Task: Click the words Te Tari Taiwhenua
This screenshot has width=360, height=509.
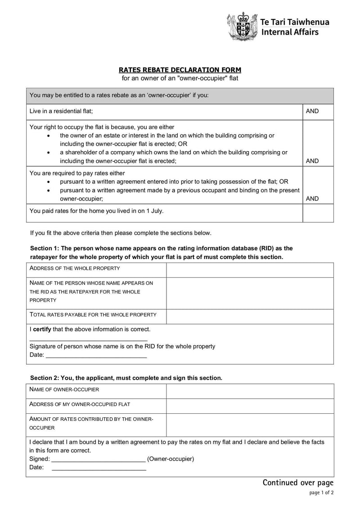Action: click(x=295, y=22)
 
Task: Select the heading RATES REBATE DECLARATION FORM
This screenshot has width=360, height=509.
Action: click(x=180, y=70)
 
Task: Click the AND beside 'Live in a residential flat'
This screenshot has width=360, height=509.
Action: click(x=312, y=111)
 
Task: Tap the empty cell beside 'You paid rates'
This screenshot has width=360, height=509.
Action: click(x=318, y=213)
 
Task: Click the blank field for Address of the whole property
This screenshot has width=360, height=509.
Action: click(x=250, y=270)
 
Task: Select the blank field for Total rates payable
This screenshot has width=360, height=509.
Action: click(x=250, y=316)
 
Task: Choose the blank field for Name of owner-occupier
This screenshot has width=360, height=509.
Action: click(x=250, y=391)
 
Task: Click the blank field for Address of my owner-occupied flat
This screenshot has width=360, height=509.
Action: click(x=250, y=406)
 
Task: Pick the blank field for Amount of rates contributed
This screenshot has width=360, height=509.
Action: click(x=250, y=424)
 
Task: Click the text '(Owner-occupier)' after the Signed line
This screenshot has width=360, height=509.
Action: click(x=171, y=459)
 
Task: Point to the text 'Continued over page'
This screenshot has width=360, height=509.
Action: click(x=298, y=482)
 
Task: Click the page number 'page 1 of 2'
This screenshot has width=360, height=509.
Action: click(x=321, y=493)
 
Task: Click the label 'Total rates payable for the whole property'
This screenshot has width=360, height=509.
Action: click(x=93, y=315)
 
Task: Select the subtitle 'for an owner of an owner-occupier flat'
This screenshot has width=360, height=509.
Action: click(x=180, y=78)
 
